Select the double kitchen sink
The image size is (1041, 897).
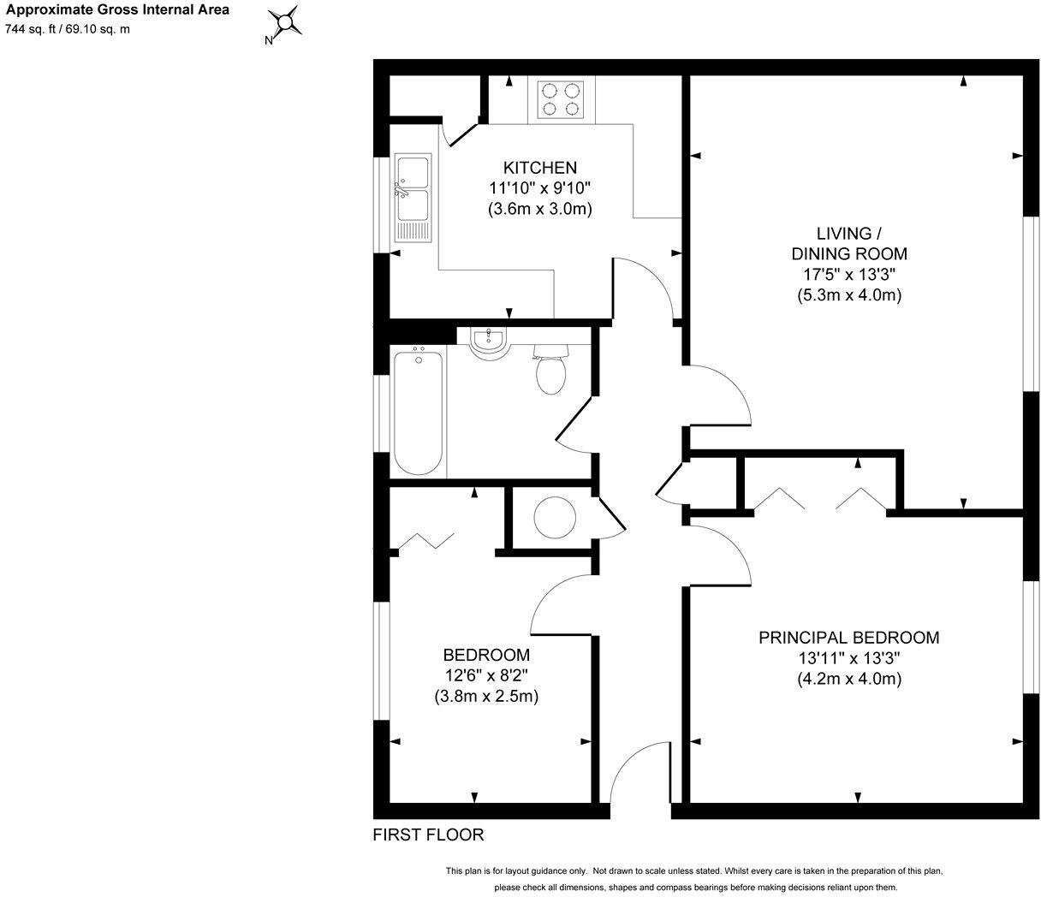click(413, 199)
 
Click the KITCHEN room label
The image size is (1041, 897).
click(539, 168)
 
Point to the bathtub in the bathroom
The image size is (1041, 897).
click(419, 410)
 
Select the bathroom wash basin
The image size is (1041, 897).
click(489, 340)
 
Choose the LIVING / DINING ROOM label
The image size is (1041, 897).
click(848, 243)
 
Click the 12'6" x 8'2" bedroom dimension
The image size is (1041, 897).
click(485, 675)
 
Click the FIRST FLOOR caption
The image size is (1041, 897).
click(428, 835)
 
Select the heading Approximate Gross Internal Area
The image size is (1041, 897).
click(117, 11)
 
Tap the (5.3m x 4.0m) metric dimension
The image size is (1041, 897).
click(848, 295)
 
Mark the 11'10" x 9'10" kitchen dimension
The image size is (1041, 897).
click(539, 188)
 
